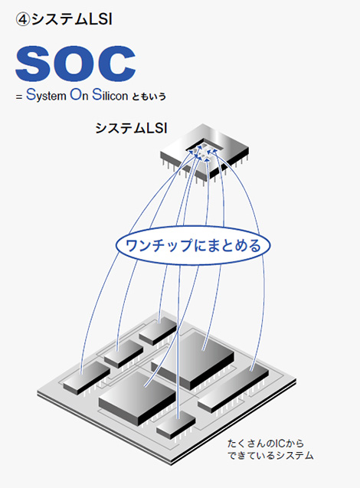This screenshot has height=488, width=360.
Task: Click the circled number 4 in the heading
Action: click(23, 20)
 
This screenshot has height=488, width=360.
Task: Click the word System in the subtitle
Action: click(47, 95)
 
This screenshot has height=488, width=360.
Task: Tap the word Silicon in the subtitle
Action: click(110, 95)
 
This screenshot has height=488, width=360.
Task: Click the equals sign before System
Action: click(19, 97)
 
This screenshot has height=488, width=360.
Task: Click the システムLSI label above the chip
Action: click(131, 128)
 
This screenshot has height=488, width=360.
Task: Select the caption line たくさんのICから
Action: click(266, 444)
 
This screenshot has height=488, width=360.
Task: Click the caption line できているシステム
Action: click(270, 456)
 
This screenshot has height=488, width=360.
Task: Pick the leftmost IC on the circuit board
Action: click(87, 376)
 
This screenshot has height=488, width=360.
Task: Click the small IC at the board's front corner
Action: click(176, 424)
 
